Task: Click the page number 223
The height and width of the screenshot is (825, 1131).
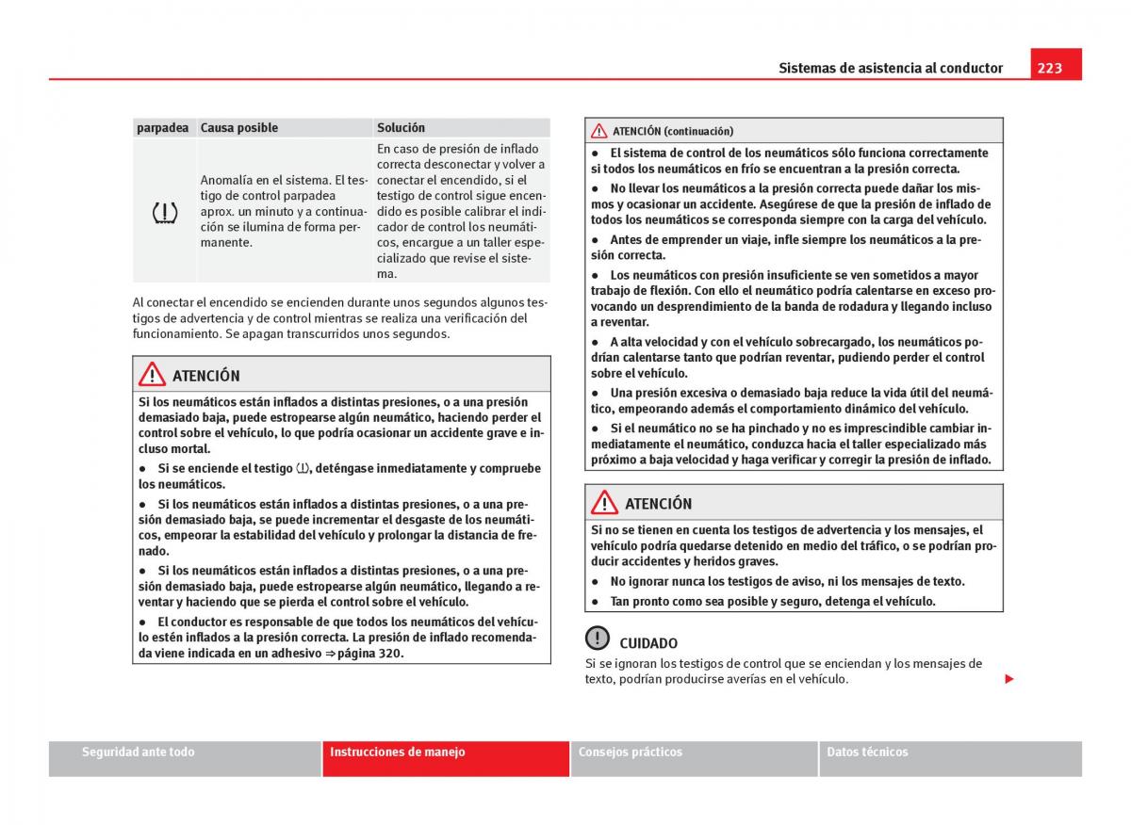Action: click(x=1049, y=68)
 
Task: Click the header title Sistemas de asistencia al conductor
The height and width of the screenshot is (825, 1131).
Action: click(x=891, y=68)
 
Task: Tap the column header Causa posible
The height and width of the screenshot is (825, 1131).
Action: click(x=239, y=128)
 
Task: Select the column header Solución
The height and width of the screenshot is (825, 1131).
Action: click(x=402, y=128)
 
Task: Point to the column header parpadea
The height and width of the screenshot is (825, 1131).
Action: click(x=162, y=128)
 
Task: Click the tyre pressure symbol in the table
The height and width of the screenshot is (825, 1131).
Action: click(x=165, y=213)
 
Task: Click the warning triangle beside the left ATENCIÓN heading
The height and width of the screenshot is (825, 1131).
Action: click(x=152, y=375)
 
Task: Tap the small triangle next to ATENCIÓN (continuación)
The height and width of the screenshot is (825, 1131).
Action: click(x=599, y=131)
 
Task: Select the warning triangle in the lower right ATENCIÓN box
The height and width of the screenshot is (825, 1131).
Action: click(x=604, y=503)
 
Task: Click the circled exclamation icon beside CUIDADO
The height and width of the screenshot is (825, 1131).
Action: click(x=598, y=639)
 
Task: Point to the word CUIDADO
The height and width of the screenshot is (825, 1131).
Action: click(x=648, y=643)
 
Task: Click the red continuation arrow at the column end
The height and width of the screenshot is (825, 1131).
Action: click(x=1008, y=679)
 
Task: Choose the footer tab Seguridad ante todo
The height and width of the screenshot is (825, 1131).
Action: click(x=139, y=752)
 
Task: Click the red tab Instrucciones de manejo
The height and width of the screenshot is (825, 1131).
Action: click(x=397, y=752)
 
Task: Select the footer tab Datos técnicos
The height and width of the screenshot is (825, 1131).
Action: click(x=867, y=752)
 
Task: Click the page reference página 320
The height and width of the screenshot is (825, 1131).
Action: click(x=370, y=654)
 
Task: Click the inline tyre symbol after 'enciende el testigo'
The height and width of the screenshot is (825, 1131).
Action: click(x=302, y=468)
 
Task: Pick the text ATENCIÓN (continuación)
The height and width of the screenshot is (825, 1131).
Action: click(x=673, y=131)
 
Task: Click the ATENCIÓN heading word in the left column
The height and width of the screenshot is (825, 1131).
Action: click(x=205, y=376)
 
